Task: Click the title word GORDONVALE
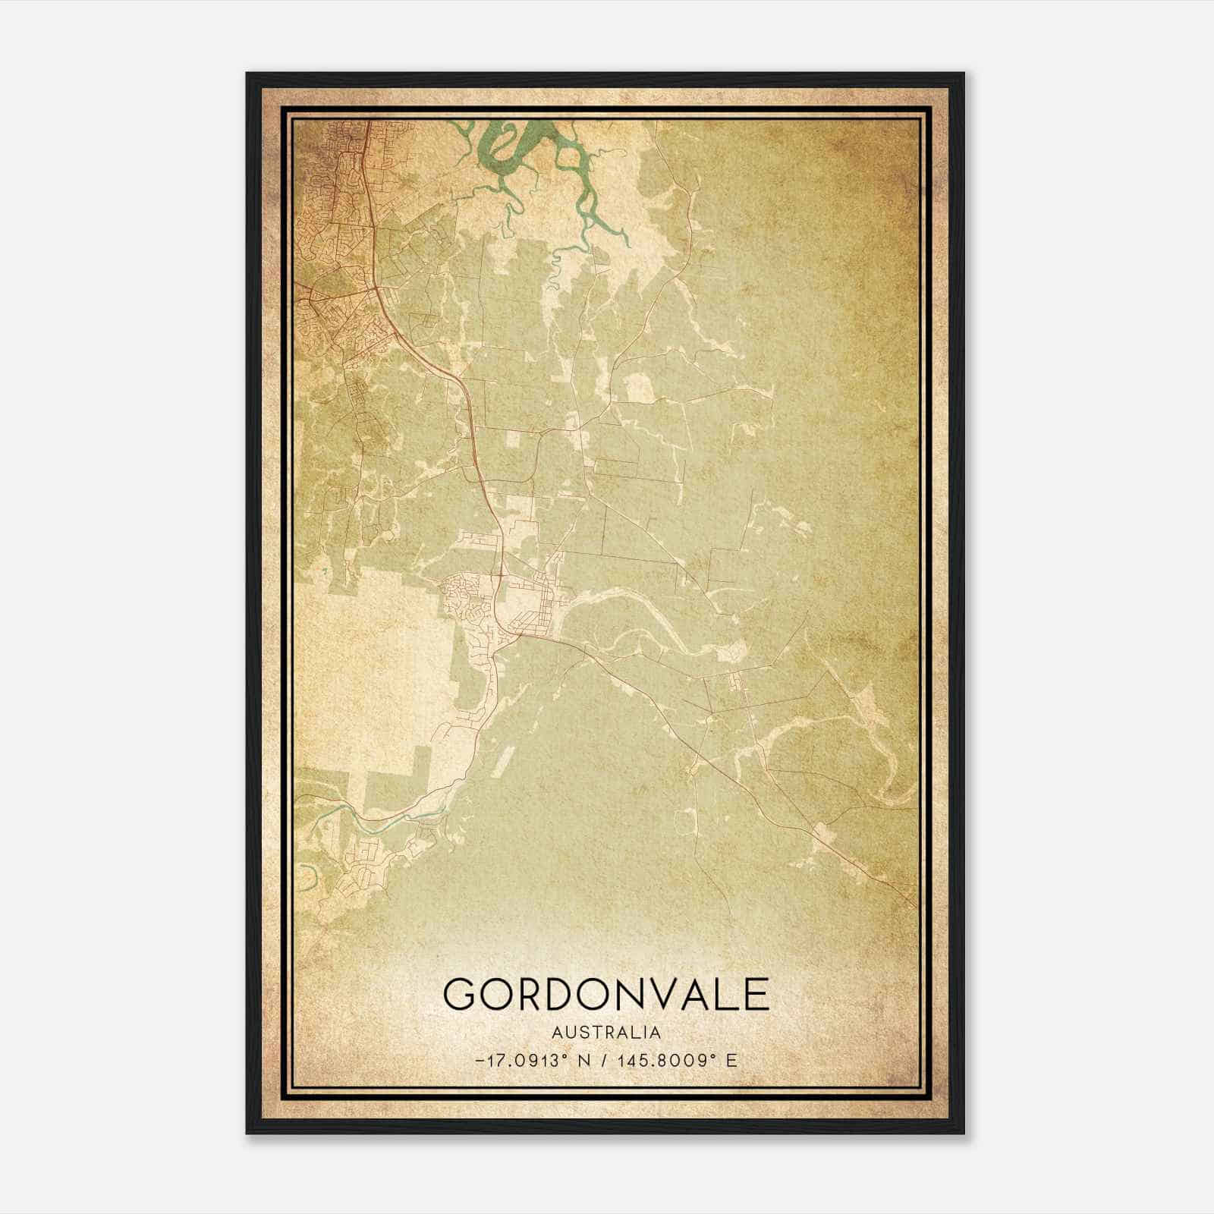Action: tap(606, 994)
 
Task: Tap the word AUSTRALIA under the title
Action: tap(606, 1033)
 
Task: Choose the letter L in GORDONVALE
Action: tap(723, 994)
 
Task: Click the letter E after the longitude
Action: tap(731, 1060)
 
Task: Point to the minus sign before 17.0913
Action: tap(479, 1060)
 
